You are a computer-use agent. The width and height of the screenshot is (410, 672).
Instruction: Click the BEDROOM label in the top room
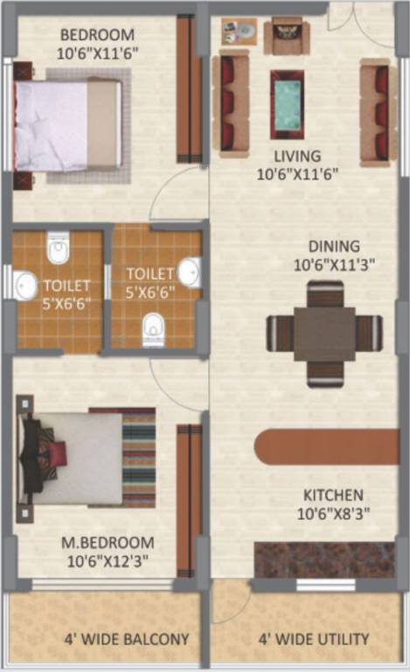(x=97, y=36)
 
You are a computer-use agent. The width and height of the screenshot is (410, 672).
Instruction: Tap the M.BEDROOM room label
(x=108, y=542)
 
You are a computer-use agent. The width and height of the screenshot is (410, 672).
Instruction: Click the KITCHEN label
(x=333, y=494)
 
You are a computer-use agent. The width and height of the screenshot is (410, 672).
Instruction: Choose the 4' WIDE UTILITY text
(x=312, y=639)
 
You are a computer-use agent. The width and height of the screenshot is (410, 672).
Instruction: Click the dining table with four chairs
(x=324, y=333)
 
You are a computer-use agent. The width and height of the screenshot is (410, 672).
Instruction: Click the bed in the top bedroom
(x=68, y=124)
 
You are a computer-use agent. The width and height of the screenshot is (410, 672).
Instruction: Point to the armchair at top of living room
(x=286, y=36)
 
